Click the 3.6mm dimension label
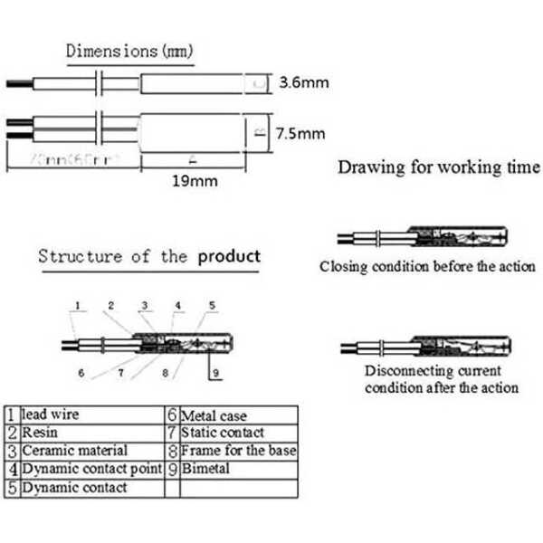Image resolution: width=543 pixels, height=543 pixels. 303,84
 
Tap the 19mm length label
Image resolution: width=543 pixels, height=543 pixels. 195,181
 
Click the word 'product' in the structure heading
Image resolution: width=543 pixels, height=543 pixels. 229,256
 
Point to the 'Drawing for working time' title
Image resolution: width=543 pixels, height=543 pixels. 439,167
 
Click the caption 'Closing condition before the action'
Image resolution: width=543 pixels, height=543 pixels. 427,267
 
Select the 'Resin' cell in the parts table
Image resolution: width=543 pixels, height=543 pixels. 37,433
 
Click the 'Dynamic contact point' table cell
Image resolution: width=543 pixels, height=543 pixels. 90,469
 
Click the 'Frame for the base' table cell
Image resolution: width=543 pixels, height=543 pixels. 238,451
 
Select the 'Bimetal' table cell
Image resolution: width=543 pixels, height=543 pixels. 205,469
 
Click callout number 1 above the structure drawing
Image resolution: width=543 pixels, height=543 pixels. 78,306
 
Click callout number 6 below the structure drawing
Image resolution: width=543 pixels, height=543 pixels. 81,372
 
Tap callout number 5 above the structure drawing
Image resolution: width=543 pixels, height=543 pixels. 213,306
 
